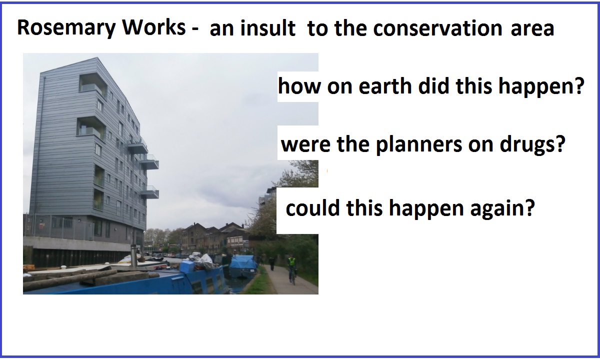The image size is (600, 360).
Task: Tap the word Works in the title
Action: (154, 27)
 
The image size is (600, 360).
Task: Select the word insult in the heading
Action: (268, 28)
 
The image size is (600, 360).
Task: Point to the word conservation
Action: (437, 28)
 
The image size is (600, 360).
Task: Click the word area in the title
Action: (532, 28)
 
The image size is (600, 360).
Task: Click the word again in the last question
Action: (502, 209)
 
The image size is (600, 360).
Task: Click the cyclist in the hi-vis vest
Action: (292, 269)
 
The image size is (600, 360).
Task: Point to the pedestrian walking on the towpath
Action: (272, 263)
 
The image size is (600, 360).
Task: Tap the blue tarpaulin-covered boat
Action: (242, 264)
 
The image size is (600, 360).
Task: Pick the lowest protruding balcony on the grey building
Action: (150, 192)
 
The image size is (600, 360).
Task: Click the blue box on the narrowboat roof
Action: (186, 266)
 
